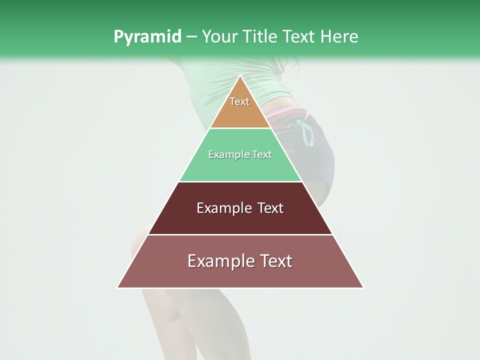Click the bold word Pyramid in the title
coord(147,36)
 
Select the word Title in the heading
coord(260,36)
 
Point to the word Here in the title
coord(339,36)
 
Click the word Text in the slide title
coord(299,36)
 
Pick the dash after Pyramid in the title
coord(191,37)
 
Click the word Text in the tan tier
coord(239,101)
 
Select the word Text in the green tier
coord(262,155)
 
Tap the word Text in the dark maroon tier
coord(270,208)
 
